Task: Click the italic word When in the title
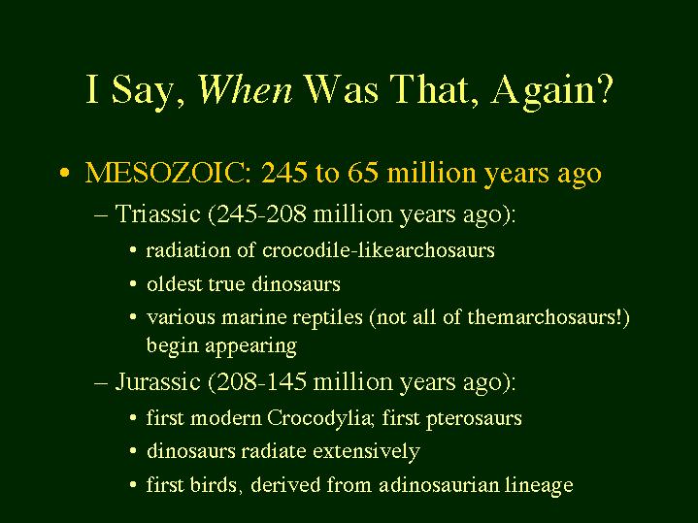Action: (x=245, y=88)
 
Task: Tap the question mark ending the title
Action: (x=605, y=88)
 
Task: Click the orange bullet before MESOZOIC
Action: (x=64, y=173)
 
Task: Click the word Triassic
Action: (x=157, y=213)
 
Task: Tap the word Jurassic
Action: (x=157, y=381)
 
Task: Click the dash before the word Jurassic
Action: (x=102, y=383)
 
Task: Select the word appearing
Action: (x=250, y=346)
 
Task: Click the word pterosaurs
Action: (x=474, y=419)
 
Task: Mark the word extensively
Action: (x=366, y=451)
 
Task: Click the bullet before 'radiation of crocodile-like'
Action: (x=133, y=250)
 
